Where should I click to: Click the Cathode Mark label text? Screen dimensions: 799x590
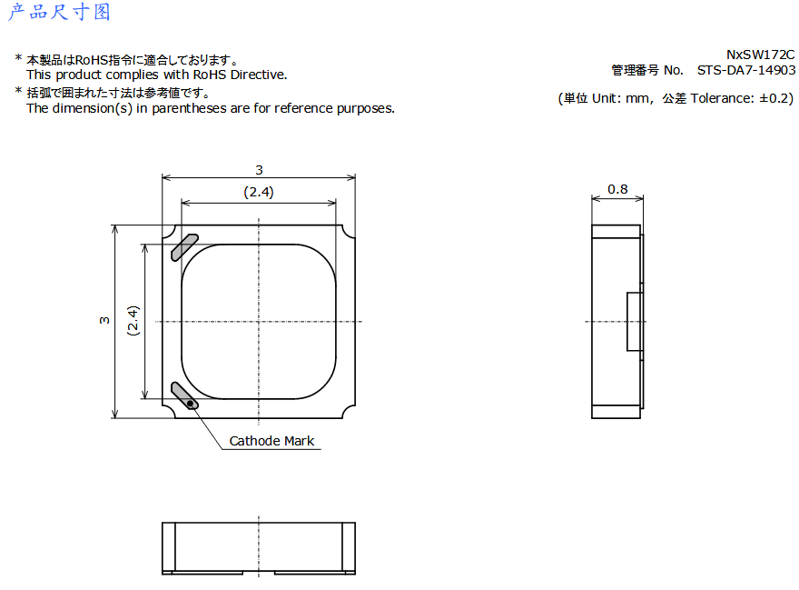coord(271,441)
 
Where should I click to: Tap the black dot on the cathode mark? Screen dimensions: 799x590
coord(191,404)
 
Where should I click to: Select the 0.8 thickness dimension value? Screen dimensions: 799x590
coord(617,189)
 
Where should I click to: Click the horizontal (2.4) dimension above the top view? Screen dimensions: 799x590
coord(259,192)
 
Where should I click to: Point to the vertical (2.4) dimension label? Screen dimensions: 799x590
coord(133,321)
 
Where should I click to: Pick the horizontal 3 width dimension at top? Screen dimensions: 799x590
coord(259,170)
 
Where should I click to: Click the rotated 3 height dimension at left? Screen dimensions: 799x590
coord(104,321)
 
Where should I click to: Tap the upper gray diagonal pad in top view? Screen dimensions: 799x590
coord(184,247)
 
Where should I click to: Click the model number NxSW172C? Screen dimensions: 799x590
coord(760,55)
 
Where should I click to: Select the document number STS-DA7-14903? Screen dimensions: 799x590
coord(746,70)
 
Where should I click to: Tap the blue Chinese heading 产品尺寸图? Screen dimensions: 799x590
coord(59,12)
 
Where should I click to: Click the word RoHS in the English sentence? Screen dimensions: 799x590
coord(210,75)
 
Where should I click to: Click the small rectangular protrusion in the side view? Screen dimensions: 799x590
coord(635,322)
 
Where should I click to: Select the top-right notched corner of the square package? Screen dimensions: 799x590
coord(348,232)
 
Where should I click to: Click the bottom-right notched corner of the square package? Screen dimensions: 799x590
coord(348,412)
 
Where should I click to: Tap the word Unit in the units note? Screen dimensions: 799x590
coord(605,98)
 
